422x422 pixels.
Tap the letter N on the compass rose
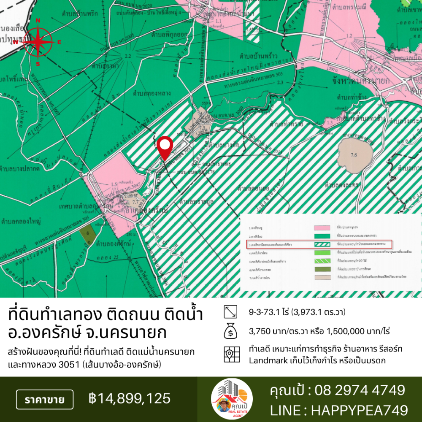tap(38, 21)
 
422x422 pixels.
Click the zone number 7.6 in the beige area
tap(354, 155)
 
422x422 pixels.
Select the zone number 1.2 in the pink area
tap(349, 36)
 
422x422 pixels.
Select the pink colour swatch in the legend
tap(321, 227)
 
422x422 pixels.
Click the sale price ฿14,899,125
tap(130, 398)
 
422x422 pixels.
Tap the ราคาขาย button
tap(44, 399)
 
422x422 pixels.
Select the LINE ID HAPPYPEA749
tap(360, 410)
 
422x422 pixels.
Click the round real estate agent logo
tap(232, 399)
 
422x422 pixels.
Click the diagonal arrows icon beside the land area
tap(230, 312)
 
